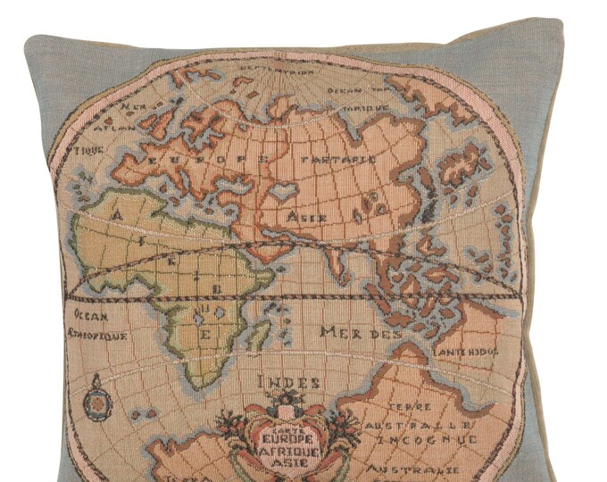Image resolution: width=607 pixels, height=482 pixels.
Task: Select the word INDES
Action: [288, 382]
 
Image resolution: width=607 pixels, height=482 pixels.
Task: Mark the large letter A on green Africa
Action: [117, 212]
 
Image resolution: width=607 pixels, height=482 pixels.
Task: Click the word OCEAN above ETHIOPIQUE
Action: [91, 316]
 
